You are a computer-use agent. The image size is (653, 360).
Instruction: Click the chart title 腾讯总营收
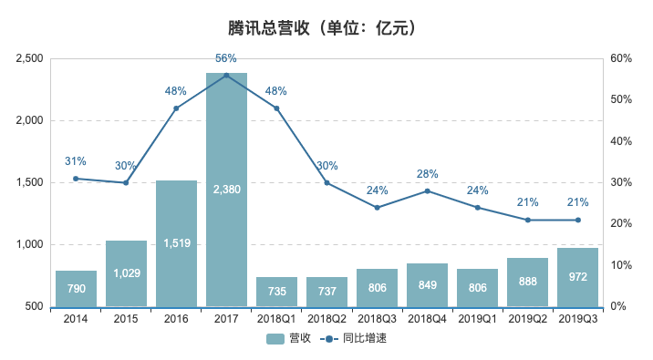pos(326,28)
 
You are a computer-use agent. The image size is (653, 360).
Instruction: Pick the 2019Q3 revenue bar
pos(577,277)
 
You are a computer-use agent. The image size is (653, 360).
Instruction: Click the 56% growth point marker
pos(226,75)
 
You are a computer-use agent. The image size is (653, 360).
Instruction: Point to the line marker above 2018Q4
pos(427,190)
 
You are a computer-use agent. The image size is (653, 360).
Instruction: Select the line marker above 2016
pos(176,108)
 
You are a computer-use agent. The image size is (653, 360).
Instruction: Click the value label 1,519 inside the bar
pos(176,243)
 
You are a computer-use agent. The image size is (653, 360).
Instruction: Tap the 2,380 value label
pos(226,190)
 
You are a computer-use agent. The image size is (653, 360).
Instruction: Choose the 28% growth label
pos(427,173)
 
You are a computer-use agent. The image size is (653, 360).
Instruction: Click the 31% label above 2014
pos(76,161)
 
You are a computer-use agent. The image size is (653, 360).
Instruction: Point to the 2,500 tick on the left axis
pos(30,58)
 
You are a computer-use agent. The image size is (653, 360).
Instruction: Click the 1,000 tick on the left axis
pos(30,244)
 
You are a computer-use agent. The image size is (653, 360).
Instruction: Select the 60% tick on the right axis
pos(622,58)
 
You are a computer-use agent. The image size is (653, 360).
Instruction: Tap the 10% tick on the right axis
pos(622,265)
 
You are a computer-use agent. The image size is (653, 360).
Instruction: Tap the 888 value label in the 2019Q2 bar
pos(527,283)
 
